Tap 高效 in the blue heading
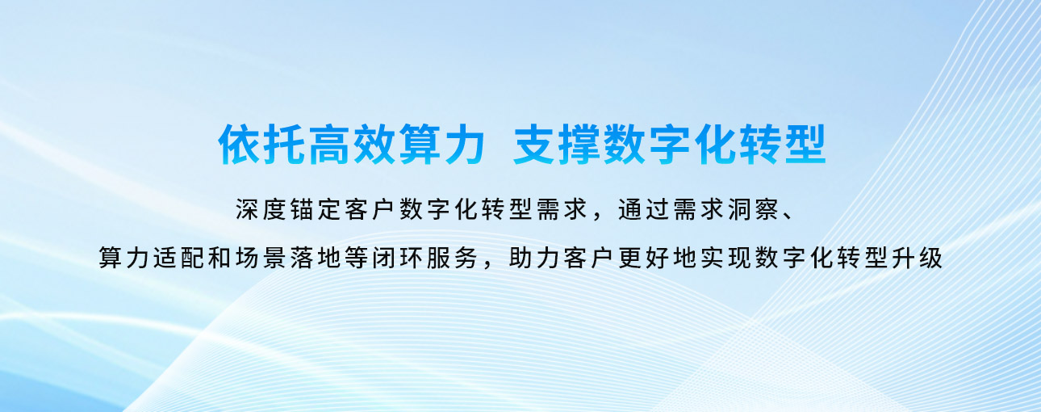pos(352,144)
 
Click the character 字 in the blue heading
pos(669,144)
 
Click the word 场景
pos(261,258)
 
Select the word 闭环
pos(397,258)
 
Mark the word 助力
pos(534,258)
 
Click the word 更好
pos(643,258)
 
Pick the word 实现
pos(725,258)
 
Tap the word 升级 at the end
pos(917,258)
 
